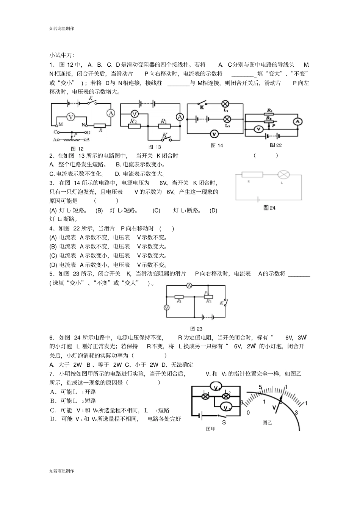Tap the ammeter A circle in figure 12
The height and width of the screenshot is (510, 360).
coord(110,113)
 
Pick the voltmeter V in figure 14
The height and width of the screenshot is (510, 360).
coord(214,133)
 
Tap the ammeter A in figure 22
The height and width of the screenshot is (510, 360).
coord(297,121)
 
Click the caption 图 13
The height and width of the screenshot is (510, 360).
coord(155,147)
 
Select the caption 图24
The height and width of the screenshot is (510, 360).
coord(269,208)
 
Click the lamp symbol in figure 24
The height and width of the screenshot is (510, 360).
coord(283,175)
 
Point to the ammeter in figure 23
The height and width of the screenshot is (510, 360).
coord(189,285)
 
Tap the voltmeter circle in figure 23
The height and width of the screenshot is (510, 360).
coord(166,308)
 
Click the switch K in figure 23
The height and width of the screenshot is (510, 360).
coord(224,302)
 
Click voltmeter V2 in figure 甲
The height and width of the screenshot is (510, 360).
coord(226,408)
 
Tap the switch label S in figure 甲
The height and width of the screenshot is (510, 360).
coord(224,422)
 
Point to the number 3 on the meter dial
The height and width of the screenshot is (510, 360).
coord(296,413)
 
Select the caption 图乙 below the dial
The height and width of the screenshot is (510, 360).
coord(268,422)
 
